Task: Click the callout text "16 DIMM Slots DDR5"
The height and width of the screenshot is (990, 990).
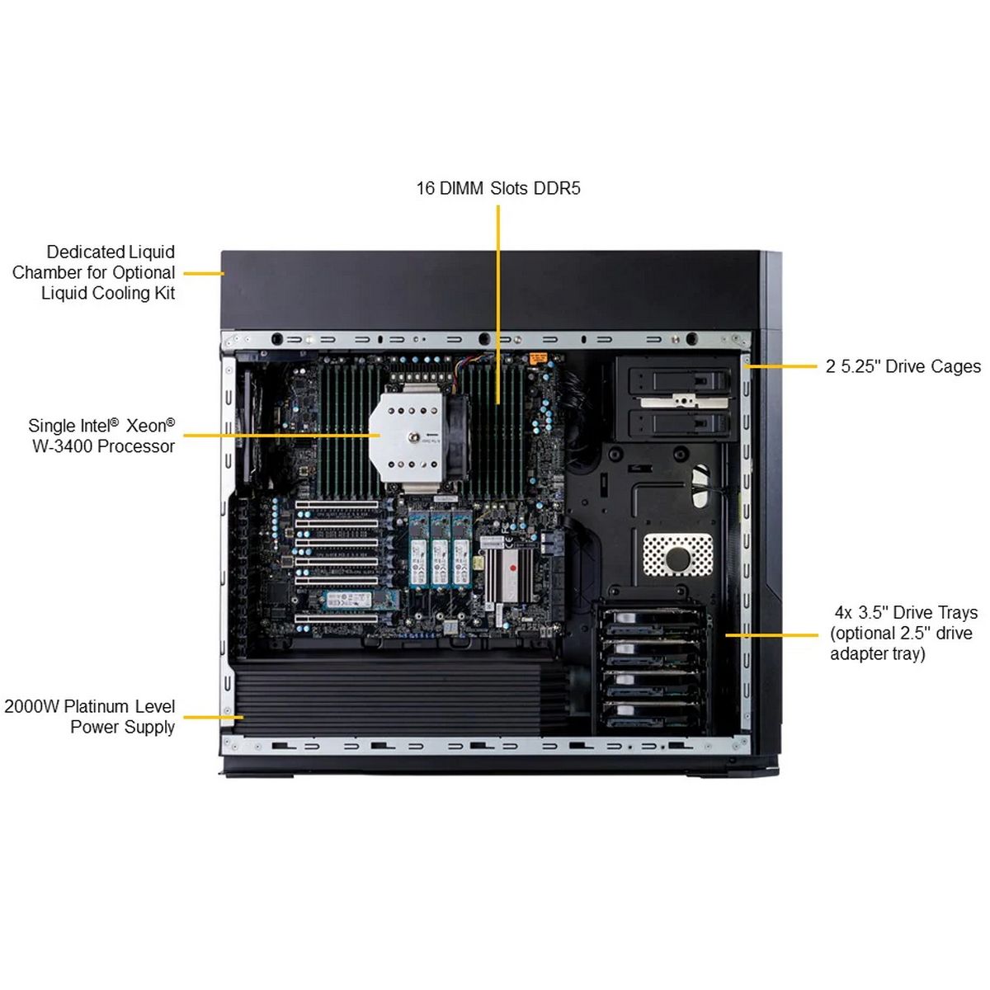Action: [497, 188]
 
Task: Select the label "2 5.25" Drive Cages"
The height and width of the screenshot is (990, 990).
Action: [903, 366]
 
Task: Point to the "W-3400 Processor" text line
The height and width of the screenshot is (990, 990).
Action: [103, 446]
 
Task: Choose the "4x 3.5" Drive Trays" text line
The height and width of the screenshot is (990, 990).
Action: [905, 612]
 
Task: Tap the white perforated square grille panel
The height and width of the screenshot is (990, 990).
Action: [677, 554]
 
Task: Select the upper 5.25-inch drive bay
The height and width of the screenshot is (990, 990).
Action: [679, 381]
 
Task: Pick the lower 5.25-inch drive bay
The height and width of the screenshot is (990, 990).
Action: [679, 424]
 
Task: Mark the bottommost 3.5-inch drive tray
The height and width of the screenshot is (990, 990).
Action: [652, 714]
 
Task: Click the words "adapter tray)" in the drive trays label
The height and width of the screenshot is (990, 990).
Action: [877, 654]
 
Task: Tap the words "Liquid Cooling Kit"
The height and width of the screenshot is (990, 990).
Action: [108, 293]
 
